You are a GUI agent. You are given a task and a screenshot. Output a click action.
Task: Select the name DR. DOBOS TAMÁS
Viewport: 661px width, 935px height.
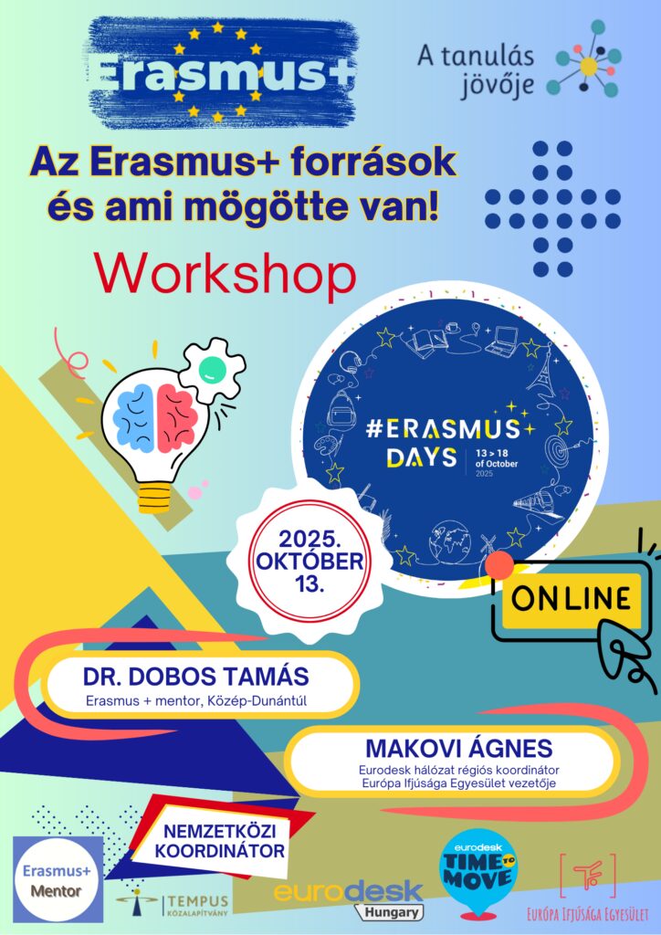196,677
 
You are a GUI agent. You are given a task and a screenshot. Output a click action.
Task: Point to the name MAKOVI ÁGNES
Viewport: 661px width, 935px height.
459,748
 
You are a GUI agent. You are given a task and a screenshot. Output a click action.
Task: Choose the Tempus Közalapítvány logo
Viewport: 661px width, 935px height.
173,904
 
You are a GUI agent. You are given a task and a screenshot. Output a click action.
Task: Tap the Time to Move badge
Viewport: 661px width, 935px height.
477,875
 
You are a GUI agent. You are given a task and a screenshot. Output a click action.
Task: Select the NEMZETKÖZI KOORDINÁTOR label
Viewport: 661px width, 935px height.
219,840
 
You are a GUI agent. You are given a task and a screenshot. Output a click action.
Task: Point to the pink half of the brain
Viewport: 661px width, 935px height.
176,416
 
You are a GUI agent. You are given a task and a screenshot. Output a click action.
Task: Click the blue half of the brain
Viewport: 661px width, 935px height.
135,416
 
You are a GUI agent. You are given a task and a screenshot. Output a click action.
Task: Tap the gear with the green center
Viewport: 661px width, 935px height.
211,370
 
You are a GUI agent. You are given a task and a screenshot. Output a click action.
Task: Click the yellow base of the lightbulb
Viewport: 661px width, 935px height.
154,498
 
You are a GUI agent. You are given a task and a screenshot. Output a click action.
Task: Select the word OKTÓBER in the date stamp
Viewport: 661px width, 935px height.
310,562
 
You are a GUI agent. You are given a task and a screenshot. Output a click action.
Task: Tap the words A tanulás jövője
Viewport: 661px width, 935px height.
476,71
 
